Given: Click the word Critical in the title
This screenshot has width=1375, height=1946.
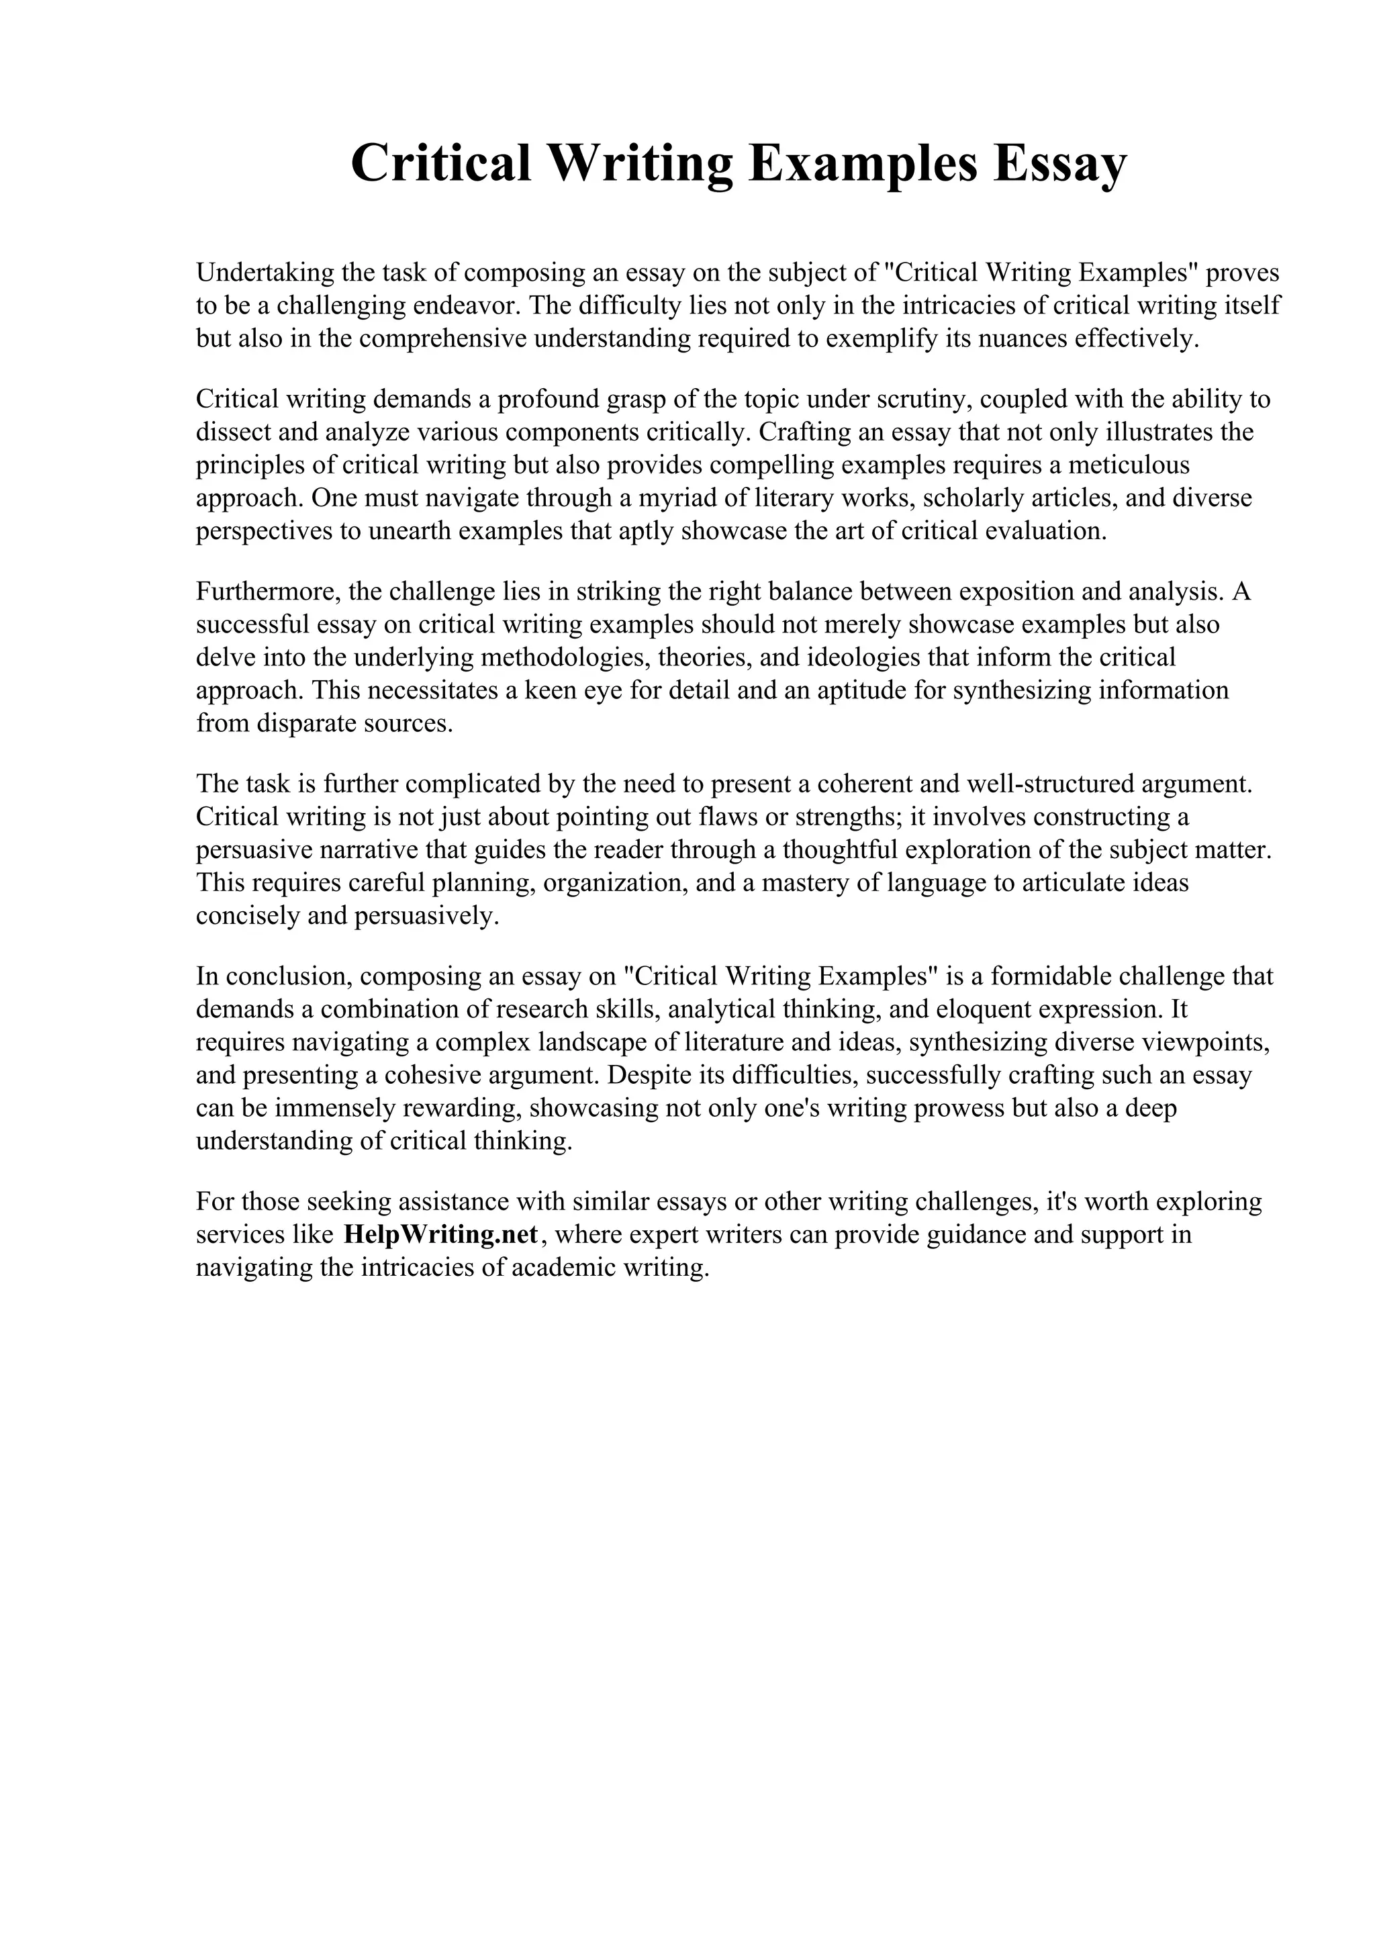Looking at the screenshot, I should pos(440,164).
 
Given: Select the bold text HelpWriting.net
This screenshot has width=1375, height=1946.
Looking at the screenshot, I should pos(440,1234).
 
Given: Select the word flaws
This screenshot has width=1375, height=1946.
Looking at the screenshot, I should pos(728,816).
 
